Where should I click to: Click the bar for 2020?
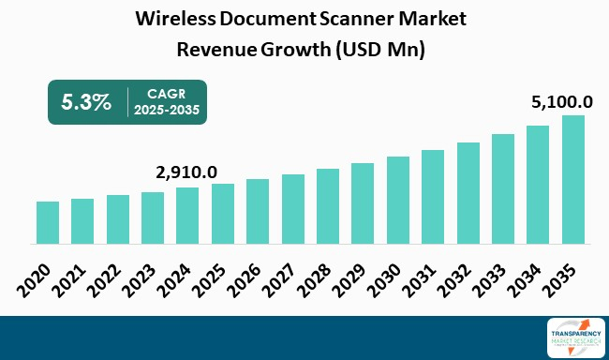(48, 222)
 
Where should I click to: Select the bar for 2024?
(187, 216)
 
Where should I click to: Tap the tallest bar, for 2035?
(573, 179)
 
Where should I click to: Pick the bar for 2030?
(398, 200)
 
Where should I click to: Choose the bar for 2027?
(293, 208)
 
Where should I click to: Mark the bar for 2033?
(503, 188)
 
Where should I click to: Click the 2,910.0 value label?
(186, 172)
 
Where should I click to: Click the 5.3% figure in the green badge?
(86, 102)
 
